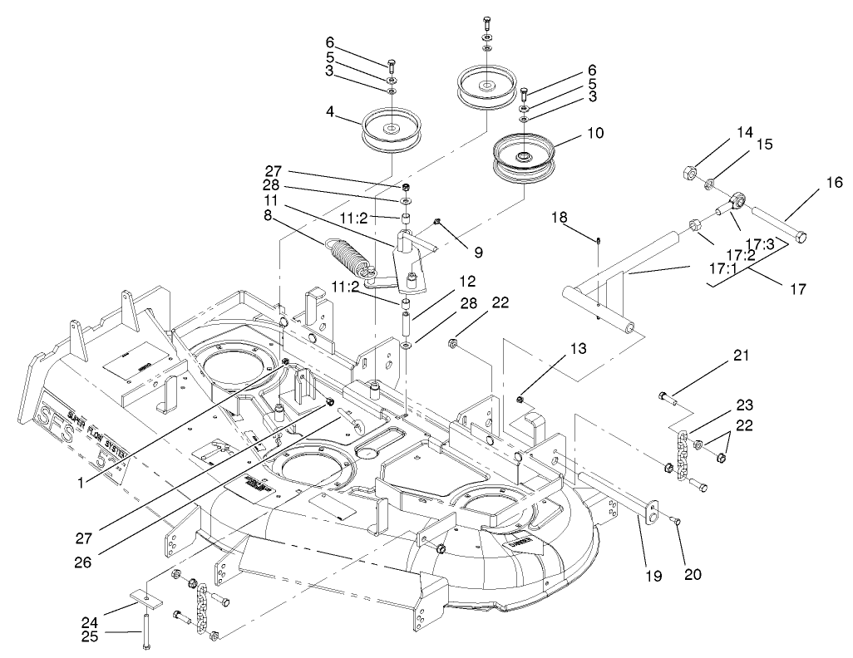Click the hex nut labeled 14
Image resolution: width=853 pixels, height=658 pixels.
[688, 174]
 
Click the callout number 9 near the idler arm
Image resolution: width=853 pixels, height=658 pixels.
[478, 253]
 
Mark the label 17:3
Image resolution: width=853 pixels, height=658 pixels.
[759, 243]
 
